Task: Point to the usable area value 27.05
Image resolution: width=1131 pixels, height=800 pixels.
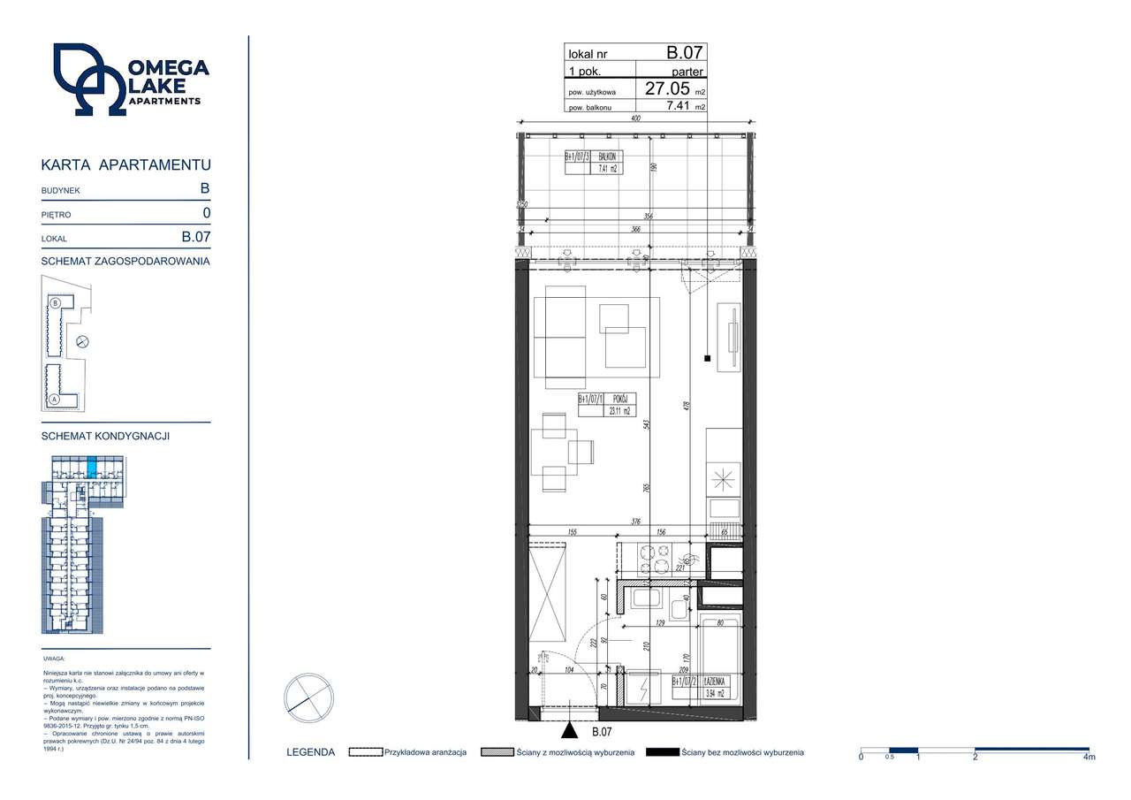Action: point(667,88)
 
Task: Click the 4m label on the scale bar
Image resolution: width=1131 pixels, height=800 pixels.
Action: point(1089,757)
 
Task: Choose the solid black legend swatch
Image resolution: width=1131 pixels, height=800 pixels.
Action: point(662,752)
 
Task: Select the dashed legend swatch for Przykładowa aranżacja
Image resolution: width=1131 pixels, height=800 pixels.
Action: point(365,752)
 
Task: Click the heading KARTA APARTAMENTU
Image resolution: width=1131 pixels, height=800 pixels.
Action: point(126,165)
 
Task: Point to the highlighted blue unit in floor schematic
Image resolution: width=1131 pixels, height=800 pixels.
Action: point(92,466)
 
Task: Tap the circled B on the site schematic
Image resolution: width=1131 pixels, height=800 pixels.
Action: point(55,303)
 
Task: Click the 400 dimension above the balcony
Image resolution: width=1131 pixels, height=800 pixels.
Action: point(634,118)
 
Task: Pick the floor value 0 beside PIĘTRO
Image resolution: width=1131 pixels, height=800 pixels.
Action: point(206,213)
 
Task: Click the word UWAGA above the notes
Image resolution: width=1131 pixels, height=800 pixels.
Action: point(53,659)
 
